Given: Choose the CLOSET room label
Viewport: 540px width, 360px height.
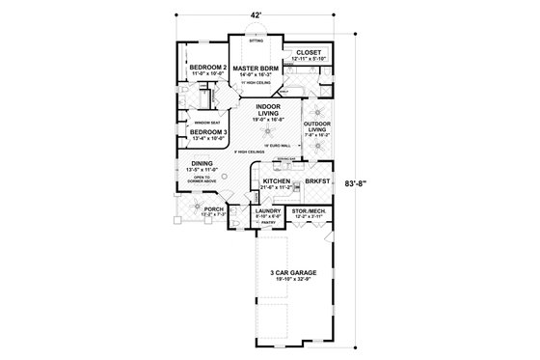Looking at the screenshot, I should click(310, 53).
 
